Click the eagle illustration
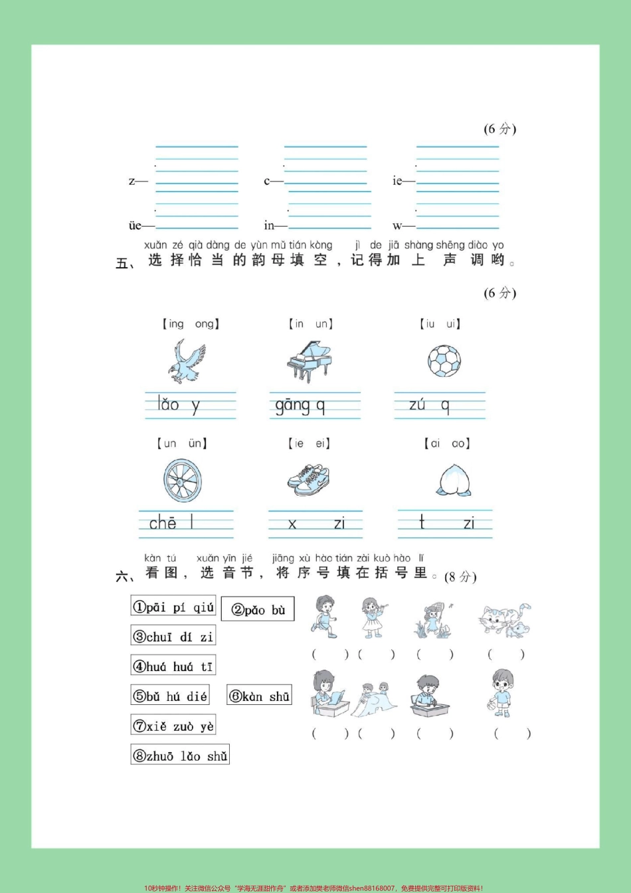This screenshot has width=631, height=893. point(187,361)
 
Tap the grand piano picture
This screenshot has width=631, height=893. point(309,361)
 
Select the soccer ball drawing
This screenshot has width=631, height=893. point(444,361)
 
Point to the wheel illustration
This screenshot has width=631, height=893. point(183,480)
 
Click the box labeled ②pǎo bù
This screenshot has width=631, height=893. point(258,609)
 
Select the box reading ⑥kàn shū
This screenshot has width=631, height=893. point(260,696)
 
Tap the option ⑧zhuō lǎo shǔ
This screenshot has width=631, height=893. point(180,755)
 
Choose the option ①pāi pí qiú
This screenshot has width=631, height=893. point(173,607)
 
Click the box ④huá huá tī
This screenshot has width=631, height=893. point(173,666)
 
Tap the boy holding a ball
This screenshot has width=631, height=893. point(502,694)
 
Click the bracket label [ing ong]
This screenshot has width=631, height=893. point(191,324)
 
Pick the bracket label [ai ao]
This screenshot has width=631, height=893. point(447,443)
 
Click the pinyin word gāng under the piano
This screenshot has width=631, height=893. point(292,405)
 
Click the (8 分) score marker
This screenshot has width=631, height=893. point(460,576)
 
